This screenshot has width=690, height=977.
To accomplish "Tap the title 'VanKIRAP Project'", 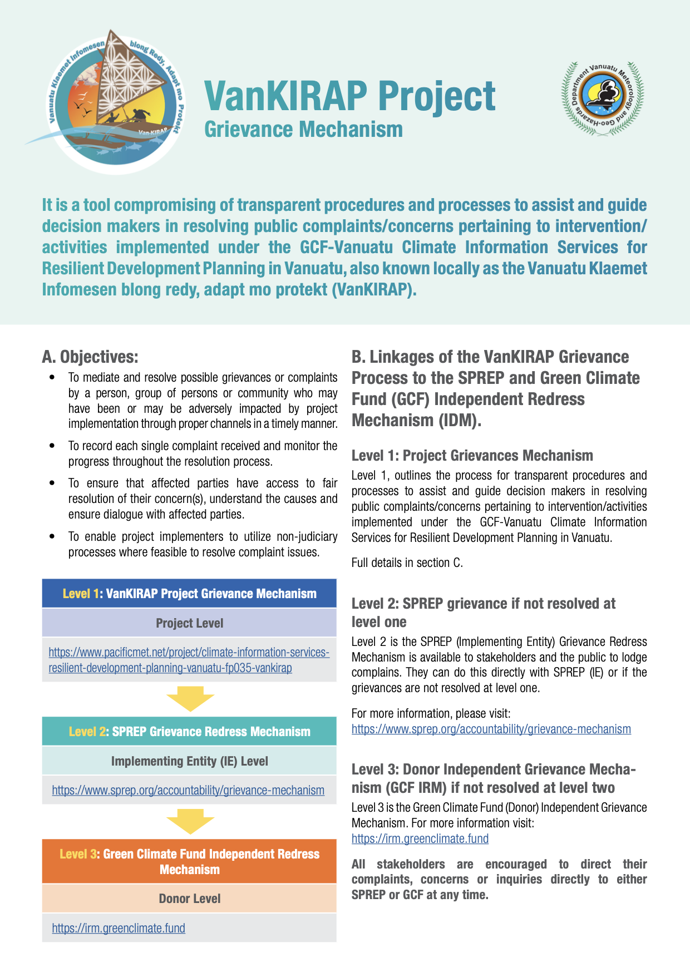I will point(349,96).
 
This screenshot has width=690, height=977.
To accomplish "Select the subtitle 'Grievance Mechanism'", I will point(303,130).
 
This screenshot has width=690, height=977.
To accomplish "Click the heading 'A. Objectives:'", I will point(90,357).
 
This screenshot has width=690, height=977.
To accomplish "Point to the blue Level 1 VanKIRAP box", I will point(189,594).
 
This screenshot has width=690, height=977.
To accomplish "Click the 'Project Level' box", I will point(189,623).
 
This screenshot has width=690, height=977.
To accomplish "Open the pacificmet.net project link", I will point(189,660).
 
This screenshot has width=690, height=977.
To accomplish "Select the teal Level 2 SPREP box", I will point(189,732).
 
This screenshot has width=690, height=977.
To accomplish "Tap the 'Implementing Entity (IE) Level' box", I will point(189,761).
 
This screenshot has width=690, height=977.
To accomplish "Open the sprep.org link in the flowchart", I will point(188,790).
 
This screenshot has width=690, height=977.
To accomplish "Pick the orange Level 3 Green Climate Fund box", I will point(189,861).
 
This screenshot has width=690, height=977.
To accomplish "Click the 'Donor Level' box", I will point(189,899).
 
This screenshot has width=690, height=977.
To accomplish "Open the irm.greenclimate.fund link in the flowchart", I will point(119,928).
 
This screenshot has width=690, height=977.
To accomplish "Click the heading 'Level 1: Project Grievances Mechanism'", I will point(472,456).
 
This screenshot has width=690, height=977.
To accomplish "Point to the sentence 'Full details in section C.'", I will point(407,563).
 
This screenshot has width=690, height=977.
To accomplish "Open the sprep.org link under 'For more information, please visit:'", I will point(491,729).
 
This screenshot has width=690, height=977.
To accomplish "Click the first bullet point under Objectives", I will point(203,401).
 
